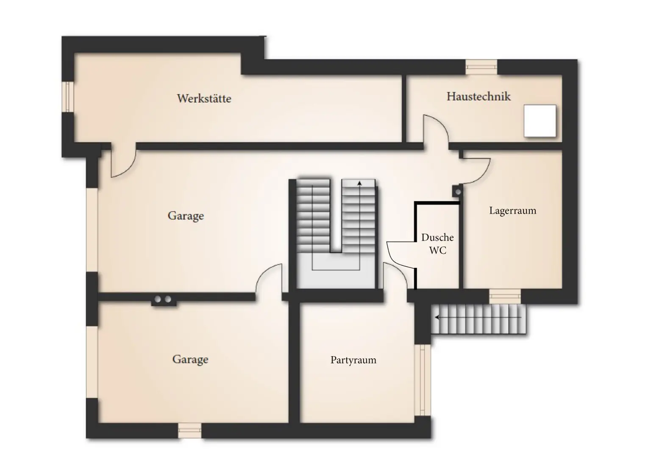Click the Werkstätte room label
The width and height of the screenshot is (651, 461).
pyautogui.click(x=204, y=98)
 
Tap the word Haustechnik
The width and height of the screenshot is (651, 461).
pyautogui.click(x=479, y=96)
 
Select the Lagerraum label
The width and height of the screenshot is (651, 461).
pyautogui.click(x=512, y=211)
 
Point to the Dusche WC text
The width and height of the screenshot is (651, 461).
pyautogui.click(x=437, y=244)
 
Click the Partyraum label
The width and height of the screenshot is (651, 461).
pyautogui.click(x=353, y=360)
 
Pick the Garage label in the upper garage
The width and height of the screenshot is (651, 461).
pyautogui.click(x=186, y=216)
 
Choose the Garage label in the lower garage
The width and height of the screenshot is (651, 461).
pyautogui.click(x=190, y=360)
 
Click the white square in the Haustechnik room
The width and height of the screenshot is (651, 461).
pyautogui.click(x=540, y=121)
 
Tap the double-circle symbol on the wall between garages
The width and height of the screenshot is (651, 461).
pyautogui.click(x=163, y=299)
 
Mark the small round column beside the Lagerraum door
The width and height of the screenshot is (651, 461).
pyautogui.click(x=457, y=192)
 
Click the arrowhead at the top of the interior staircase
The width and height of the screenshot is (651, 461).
pyautogui.click(x=359, y=183)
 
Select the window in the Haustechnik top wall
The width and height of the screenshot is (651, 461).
pyautogui.click(x=481, y=67)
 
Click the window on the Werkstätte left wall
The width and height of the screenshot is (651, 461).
pyautogui.click(x=67, y=96)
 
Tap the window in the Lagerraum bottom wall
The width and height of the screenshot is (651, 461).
pyautogui.click(x=505, y=296)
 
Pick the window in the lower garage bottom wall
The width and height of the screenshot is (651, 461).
pyautogui.click(x=189, y=430)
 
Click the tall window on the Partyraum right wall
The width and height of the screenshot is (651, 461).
pyautogui.click(x=422, y=379)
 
